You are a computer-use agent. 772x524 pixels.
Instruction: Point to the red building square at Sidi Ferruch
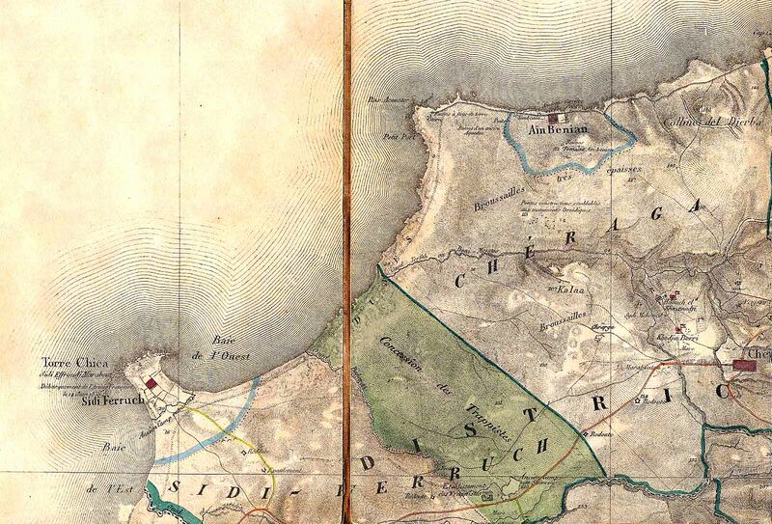pos(151,383)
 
